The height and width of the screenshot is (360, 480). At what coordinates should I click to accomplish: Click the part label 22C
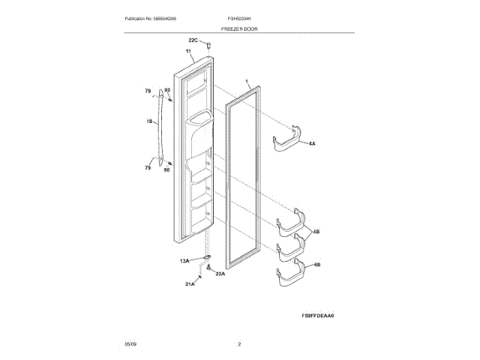[192, 40]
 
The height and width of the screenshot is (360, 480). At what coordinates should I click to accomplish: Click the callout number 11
[187, 52]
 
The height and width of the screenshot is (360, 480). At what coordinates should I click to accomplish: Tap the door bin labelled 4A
[289, 143]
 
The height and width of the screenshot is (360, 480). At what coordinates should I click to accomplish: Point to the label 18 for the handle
[148, 121]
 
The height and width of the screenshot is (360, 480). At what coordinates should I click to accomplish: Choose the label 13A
[184, 260]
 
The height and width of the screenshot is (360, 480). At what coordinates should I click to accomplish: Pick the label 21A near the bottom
[190, 284]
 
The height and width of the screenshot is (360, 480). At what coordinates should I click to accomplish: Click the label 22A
[220, 274]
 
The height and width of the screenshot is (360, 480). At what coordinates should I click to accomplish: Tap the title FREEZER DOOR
[239, 27]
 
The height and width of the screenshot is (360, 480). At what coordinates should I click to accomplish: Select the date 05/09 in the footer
[130, 343]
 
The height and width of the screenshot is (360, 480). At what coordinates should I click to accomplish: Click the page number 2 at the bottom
[239, 343]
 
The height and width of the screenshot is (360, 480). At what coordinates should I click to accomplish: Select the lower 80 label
[167, 171]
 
